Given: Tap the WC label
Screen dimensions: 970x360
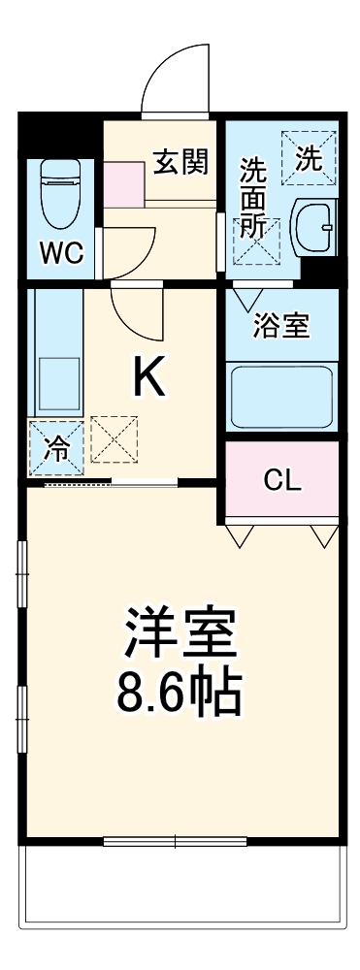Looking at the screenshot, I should [x=60, y=254].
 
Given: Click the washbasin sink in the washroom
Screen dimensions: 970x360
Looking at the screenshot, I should [x=312, y=226].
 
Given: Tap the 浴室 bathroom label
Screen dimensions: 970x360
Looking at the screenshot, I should [x=281, y=326].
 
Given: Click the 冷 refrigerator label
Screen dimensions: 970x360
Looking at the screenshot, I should [x=56, y=449].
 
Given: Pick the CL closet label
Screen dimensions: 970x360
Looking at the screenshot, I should [x=283, y=479].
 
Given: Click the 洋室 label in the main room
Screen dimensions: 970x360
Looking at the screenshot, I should [x=179, y=635].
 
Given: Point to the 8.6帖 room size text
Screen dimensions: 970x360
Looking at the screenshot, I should [x=180, y=693].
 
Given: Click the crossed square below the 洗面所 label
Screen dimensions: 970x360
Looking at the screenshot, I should [x=255, y=242].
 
